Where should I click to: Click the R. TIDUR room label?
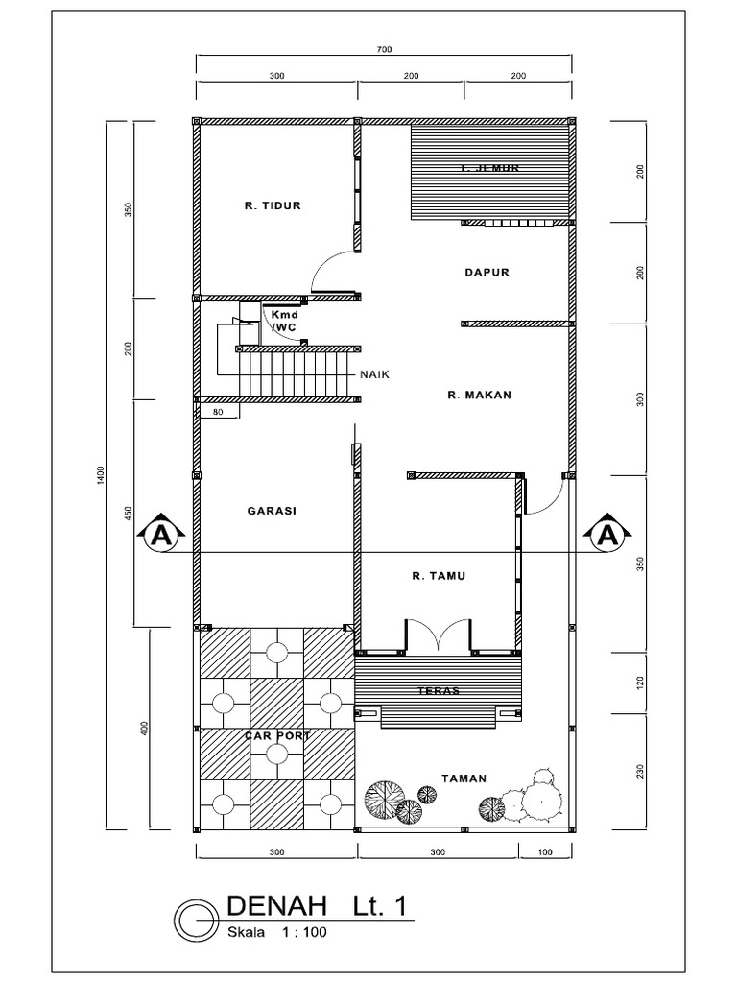[x=273, y=205]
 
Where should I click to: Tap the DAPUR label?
[x=487, y=273]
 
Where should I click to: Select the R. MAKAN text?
[x=479, y=395]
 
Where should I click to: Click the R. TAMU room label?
[x=439, y=576]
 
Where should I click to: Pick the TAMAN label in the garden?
[x=464, y=779]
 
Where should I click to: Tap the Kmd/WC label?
[x=284, y=321]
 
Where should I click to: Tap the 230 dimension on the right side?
[x=641, y=772]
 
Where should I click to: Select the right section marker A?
[x=606, y=534]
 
